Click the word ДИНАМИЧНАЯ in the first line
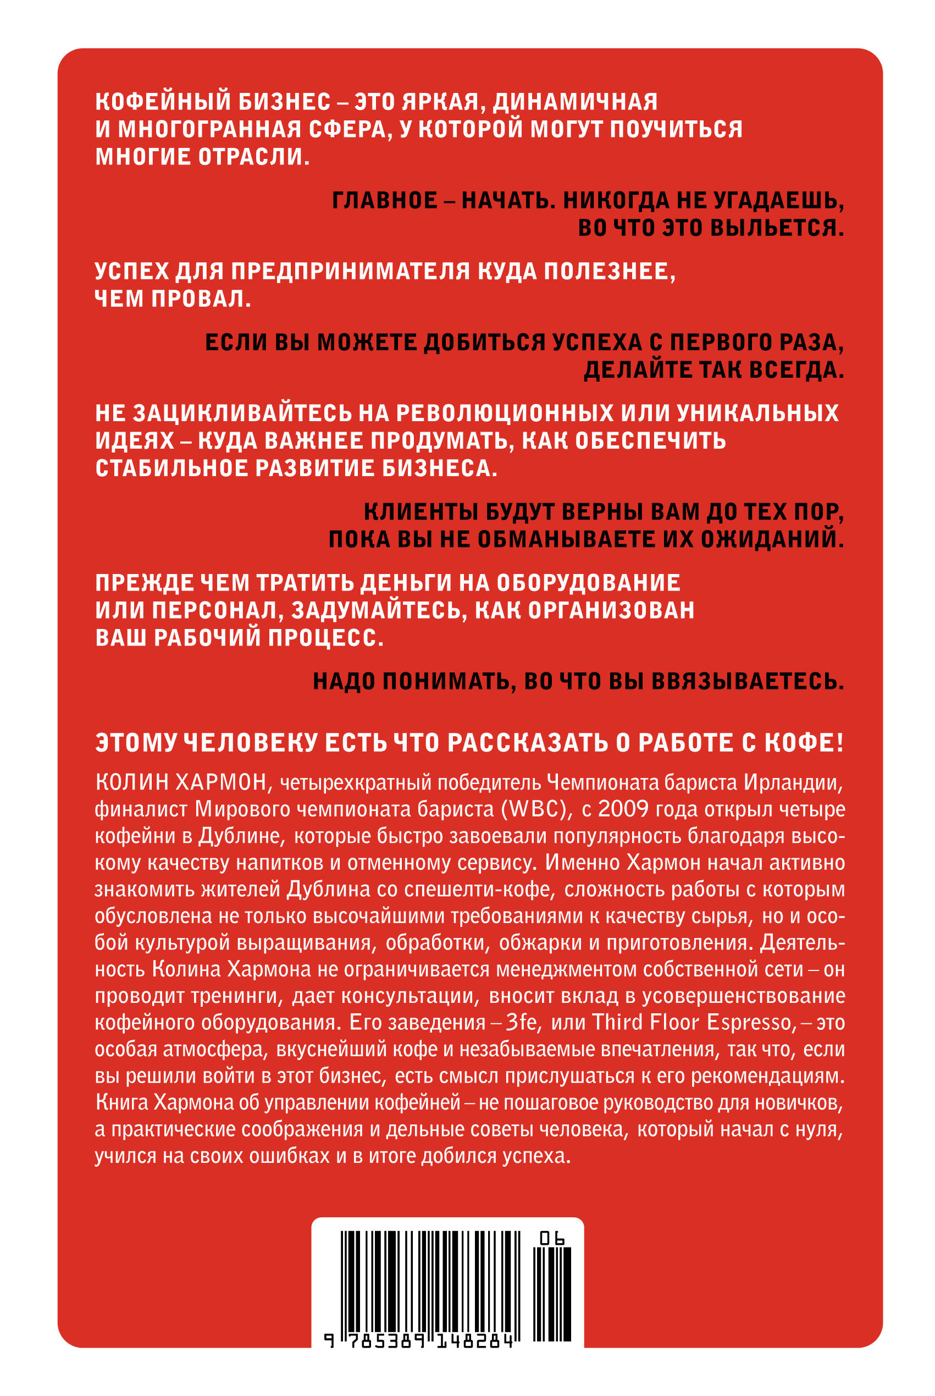click(575, 102)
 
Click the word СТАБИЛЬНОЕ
click(171, 468)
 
